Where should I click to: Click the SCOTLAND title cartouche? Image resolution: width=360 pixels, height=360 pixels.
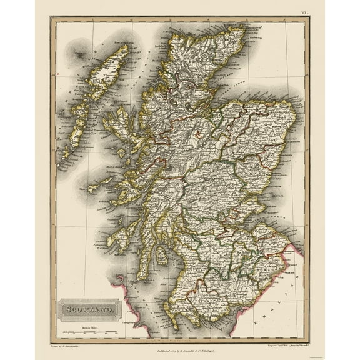87,308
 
